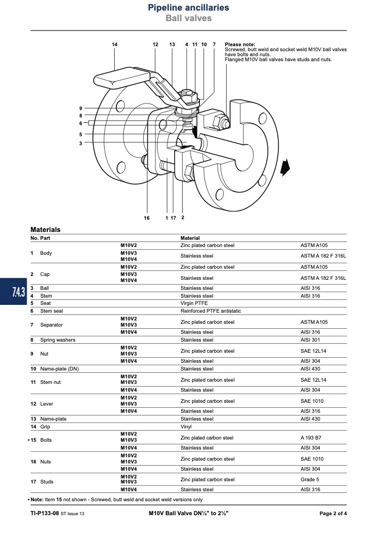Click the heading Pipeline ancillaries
point(188,7)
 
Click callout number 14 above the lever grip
point(115,45)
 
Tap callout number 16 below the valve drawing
point(146,218)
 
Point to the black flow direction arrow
point(285,167)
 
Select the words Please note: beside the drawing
point(240,44)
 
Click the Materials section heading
point(45,229)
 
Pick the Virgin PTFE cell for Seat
point(194,303)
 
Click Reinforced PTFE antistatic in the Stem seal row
point(210,311)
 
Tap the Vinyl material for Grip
point(186,427)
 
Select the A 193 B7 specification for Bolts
point(311,438)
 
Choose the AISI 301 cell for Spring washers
point(310,340)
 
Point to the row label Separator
point(51,325)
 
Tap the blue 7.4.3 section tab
point(13,292)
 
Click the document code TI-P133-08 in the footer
point(45,514)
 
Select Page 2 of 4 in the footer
point(333,514)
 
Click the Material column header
point(190,238)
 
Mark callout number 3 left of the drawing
point(81,144)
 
